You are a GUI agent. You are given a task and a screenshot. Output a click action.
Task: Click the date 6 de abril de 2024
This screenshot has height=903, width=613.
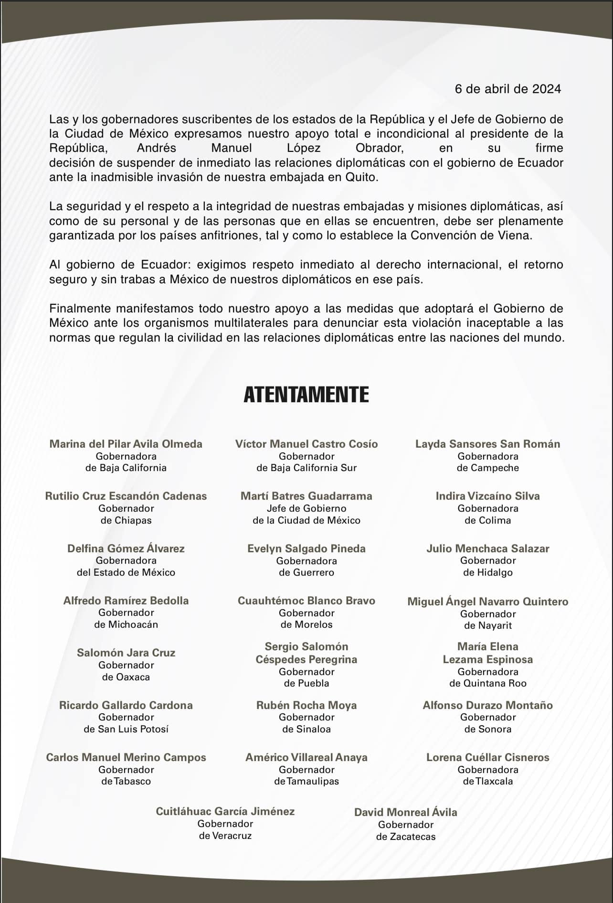coord(507,89)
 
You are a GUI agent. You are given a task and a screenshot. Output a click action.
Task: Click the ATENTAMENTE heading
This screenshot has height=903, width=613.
coord(306,395)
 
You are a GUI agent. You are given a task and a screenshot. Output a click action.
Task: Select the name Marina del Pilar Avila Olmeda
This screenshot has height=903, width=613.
coord(126,444)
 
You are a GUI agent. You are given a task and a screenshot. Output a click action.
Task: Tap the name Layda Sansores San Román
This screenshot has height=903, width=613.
coord(487,444)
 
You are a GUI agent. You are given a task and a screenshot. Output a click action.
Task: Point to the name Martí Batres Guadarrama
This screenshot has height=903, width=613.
coord(306,496)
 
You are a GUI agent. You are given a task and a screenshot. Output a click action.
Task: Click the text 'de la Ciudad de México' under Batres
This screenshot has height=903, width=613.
coord(306,520)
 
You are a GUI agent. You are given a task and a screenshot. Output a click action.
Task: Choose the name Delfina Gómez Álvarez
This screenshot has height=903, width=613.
coord(126,548)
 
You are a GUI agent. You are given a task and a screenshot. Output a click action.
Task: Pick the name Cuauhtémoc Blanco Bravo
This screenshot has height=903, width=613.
coord(306,601)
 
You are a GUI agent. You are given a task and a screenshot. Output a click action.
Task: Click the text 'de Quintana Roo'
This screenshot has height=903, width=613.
coord(487,683)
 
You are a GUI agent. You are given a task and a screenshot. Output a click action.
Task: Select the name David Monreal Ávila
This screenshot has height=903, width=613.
coord(405,812)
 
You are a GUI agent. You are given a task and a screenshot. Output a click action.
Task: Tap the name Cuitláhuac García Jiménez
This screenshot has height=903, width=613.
coord(225,811)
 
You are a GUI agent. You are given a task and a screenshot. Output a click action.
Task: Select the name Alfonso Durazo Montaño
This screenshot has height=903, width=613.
coord(487,705)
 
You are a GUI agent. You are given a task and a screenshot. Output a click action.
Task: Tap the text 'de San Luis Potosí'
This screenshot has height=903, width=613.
coord(126,729)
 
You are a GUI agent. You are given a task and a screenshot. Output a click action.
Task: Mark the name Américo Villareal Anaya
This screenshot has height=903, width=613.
coord(306,757)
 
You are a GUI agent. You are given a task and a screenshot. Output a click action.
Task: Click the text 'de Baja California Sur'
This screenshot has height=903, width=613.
coord(306,468)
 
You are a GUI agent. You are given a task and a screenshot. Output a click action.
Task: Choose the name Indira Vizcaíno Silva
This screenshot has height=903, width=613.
coord(487,496)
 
